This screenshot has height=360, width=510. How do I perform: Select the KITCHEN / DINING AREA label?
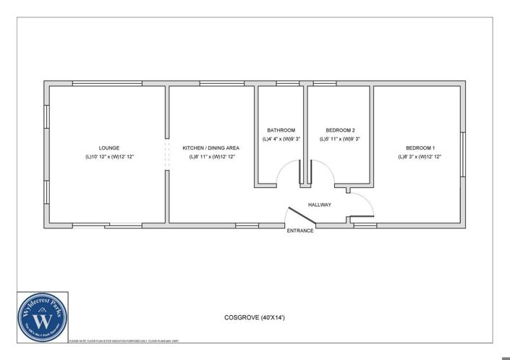(211, 147)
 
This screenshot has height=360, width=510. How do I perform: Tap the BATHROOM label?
(281, 130)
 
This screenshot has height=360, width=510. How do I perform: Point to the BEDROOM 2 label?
(340, 130)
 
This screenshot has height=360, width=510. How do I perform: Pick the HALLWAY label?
(319, 205)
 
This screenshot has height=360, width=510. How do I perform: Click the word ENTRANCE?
(300, 231)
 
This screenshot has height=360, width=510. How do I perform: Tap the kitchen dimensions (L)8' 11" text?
(211, 157)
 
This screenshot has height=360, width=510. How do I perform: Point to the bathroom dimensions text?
(281, 140)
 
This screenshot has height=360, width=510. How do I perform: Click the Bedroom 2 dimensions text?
(340, 140)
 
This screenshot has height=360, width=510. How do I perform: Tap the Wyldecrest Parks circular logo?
(43, 317)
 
